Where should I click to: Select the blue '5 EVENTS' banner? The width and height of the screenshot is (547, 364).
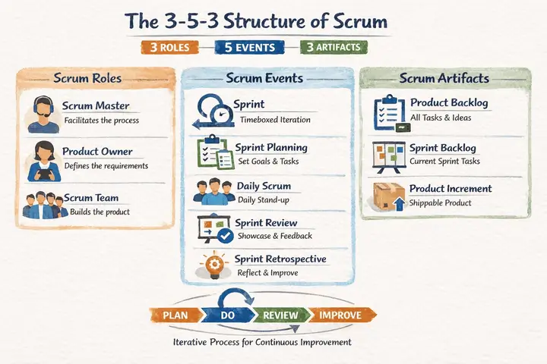pos(251,47)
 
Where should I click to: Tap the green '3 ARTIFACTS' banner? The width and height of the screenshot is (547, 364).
pos(334,47)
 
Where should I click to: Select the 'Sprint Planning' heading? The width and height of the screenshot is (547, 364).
pos(272,147)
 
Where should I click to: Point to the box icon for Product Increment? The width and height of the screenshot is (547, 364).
pos(389,197)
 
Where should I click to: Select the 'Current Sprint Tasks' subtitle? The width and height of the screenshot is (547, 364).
pos(444,161)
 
